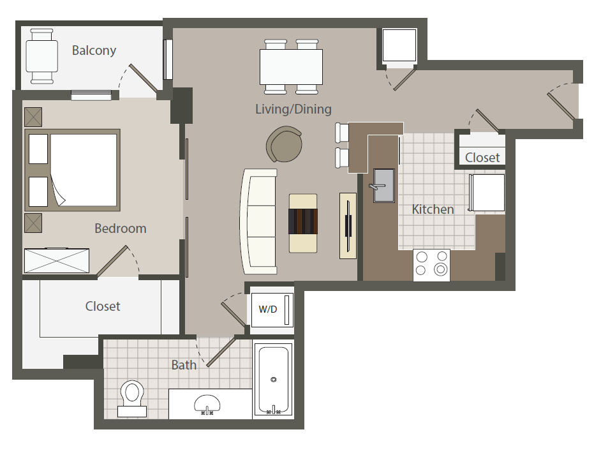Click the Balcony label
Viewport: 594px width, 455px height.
pyautogui.click(x=94, y=50)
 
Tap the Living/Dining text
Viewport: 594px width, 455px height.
pyautogui.click(x=293, y=109)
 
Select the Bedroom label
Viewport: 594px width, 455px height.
pyautogui.click(x=121, y=228)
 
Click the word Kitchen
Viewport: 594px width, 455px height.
pyautogui.click(x=433, y=209)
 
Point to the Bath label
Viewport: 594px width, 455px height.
pyautogui.click(x=184, y=365)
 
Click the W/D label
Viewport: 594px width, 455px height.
pyautogui.click(x=268, y=310)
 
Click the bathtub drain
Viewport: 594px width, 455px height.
pyautogui.click(x=273, y=380)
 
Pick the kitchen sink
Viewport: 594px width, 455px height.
pyautogui.click(x=383, y=185)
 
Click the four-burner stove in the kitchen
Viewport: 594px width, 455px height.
pyautogui.click(x=431, y=264)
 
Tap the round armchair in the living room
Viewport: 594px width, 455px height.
pyautogui.click(x=285, y=145)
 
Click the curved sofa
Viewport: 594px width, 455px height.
pyautogui.click(x=258, y=220)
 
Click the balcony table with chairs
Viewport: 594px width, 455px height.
pyautogui.click(x=41, y=56)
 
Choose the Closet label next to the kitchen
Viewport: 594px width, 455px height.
pyautogui.click(x=482, y=157)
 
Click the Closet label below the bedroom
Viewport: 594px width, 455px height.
pyautogui.click(x=103, y=306)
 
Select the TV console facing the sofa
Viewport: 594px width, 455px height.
pyautogui.click(x=348, y=225)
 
